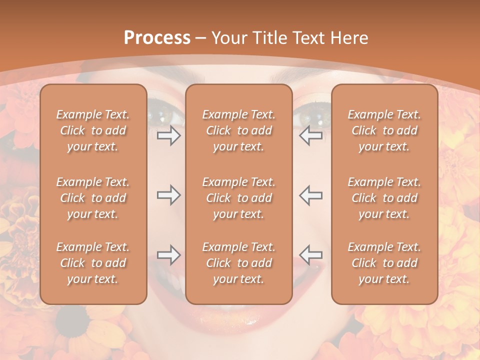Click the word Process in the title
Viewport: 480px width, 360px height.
[x=157, y=38]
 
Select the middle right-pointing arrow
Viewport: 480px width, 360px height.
[x=169, y=195]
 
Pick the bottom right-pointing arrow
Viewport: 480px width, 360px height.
[x=169, y=255]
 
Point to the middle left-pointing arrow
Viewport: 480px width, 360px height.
[x=310, y=195]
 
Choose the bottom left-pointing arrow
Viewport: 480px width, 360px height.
[x=310, y=255]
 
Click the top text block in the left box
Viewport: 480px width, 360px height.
[x=93, y=130]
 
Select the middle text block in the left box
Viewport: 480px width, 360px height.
[x=93, y=198]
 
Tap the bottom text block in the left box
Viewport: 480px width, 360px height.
[x=93, y=263]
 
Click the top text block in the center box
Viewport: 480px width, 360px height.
[x=238, y=130]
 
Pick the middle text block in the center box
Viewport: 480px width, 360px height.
[x=238, y=198]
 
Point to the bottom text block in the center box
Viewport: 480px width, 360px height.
[x=238, y=263]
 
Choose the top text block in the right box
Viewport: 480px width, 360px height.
[x=384, y=130]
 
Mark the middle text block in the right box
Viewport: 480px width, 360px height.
[x=384, y=198]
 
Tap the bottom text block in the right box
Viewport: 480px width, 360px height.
[x=384, y=263]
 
